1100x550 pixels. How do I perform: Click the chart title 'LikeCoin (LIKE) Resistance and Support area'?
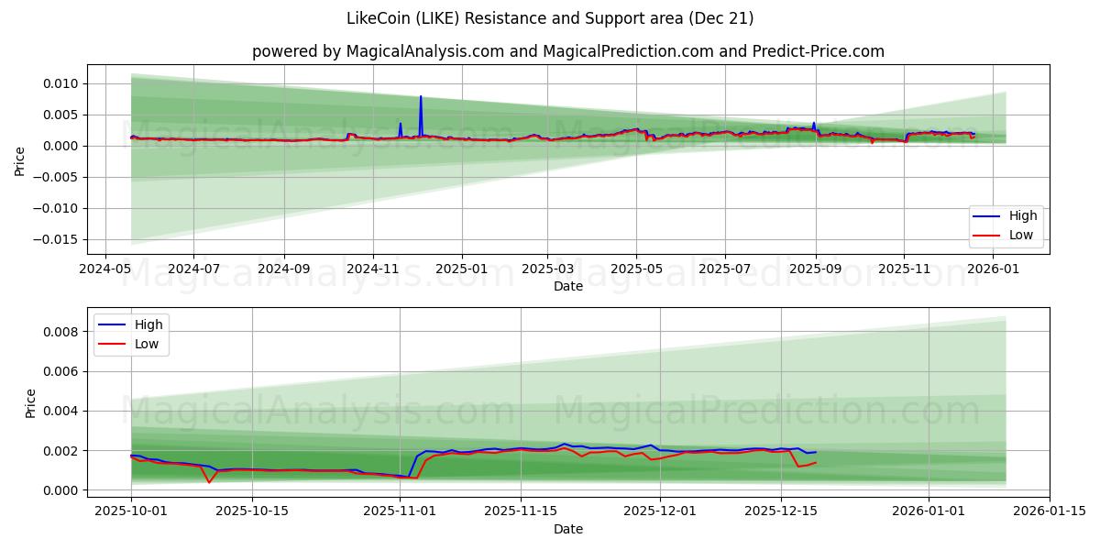coord(550,18)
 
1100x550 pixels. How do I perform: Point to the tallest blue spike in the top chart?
coord(421,97)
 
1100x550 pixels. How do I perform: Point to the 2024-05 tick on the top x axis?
coord(104,270)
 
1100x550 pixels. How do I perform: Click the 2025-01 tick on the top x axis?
coord(461,270)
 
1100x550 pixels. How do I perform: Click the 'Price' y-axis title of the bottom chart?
coord(31,403)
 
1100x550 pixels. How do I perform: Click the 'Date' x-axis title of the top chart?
coord(568,287)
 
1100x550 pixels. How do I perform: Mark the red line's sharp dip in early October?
coord(209,482)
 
